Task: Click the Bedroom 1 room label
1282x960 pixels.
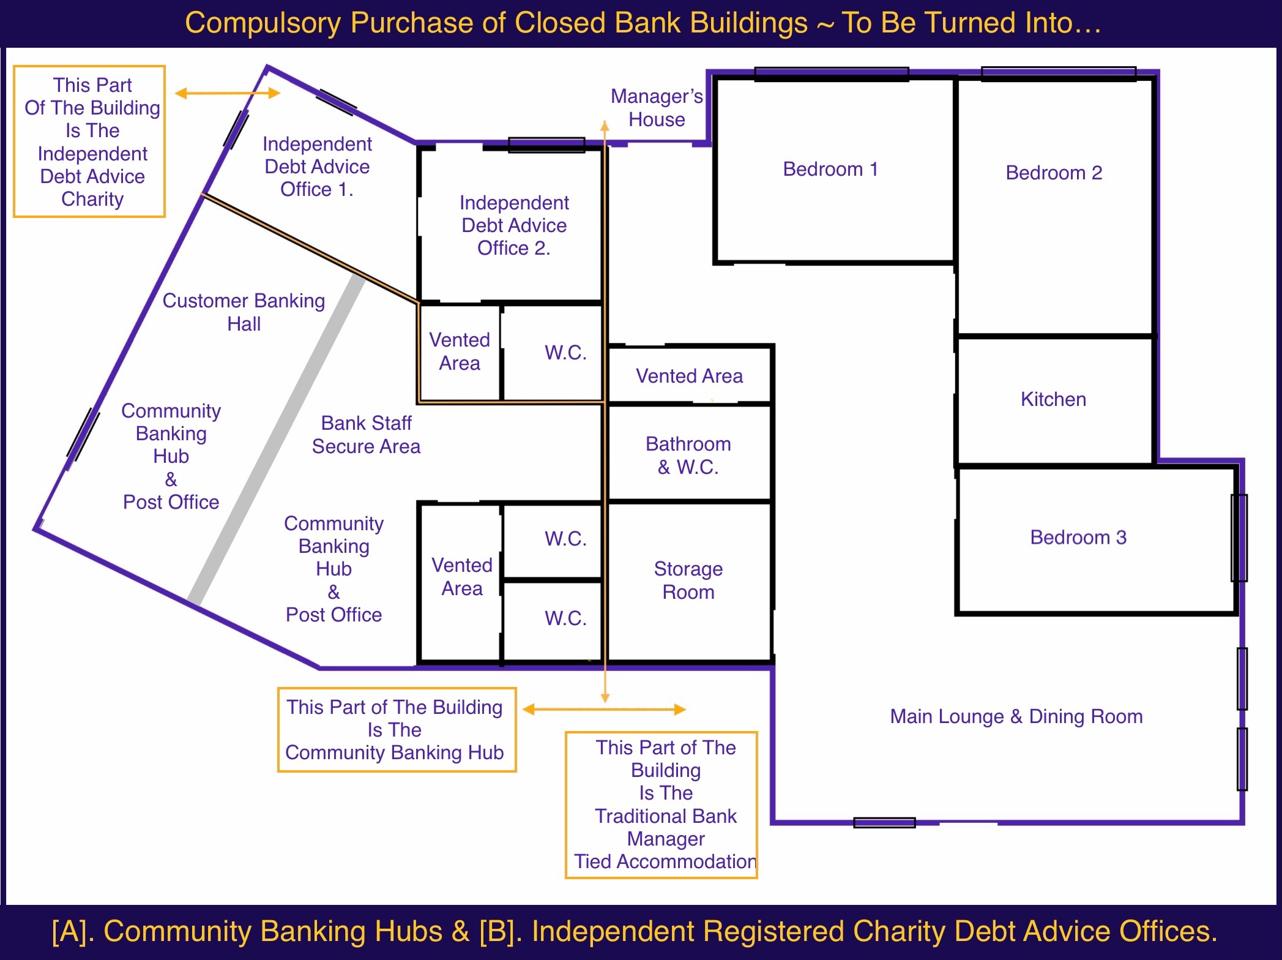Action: tap(830, 169)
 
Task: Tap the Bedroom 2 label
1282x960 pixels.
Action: tap(1054, 173)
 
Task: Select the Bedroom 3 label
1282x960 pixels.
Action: tap(1078, 537)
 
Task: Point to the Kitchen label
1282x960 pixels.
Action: tap(1053, 399)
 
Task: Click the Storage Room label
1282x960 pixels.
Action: tap(688, 580)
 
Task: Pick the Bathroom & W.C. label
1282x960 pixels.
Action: tap(688, 455)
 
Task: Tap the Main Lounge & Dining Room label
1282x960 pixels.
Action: tap(1016, 716)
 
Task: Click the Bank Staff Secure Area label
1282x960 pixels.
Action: tap(366, 434)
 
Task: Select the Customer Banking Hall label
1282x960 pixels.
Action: tap(244, 312)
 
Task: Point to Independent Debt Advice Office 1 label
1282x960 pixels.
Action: tap(317, 167)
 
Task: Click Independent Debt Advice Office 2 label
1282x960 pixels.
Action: tap(514, 225)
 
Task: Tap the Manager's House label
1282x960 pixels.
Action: tap(657, 107)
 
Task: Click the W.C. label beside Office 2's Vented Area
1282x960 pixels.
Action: tap(565, 353)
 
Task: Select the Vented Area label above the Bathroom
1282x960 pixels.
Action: tap(689, 376)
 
